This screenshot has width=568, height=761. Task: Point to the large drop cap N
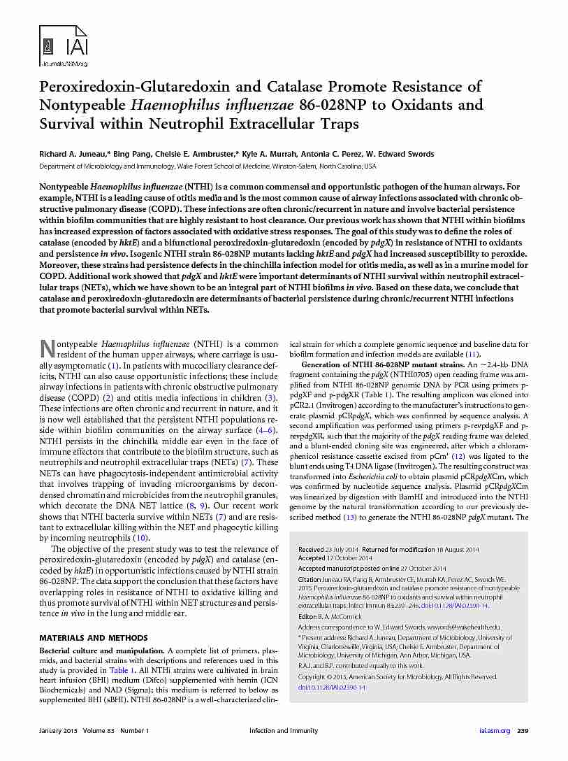pos(47,348)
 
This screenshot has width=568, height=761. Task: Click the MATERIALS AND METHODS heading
pos(93,638)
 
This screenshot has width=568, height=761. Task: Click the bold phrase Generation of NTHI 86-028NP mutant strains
pos(382,366)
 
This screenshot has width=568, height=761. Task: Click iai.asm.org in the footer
pos(495,731)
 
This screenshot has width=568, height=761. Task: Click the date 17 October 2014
pos(350,558)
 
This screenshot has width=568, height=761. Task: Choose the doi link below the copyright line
pos(332,688)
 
